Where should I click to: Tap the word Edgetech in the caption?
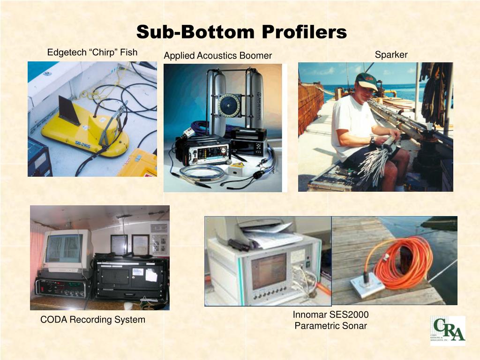click(x=66, y=52)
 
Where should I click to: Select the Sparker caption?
click(x=391, y=55)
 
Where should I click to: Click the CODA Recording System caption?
click(x=93, y=320)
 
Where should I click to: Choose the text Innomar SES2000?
click(x=330, y=315)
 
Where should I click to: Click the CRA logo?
click(x=448, y=330)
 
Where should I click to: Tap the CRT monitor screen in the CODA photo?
click(x=65, y=248)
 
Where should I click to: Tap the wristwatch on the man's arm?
click(x=372, y=139)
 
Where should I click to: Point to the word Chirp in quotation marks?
click(x=103, y=52)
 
